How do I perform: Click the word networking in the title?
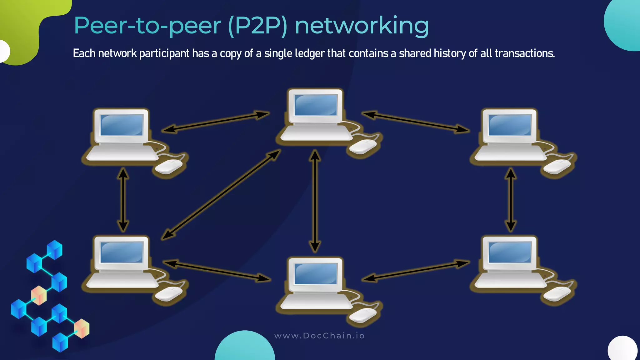point(362,26)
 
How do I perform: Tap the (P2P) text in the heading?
point(258,26)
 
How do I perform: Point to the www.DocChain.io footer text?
point(319,336)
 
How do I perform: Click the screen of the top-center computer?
point(316,105)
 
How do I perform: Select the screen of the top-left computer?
point(122,125)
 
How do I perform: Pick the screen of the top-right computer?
point(510,125)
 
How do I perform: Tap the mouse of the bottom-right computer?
point(557,294)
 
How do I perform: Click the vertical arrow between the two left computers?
point(123,200)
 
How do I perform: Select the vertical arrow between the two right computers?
point(511,200)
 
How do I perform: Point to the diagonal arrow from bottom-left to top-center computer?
point(221,195)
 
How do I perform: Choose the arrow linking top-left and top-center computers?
point(216,122)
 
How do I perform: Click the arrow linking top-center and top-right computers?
point(416,122)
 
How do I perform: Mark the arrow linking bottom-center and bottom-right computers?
point(416,271)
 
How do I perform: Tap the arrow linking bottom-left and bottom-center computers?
point(217,271)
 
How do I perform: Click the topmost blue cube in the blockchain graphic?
point(55,249)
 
